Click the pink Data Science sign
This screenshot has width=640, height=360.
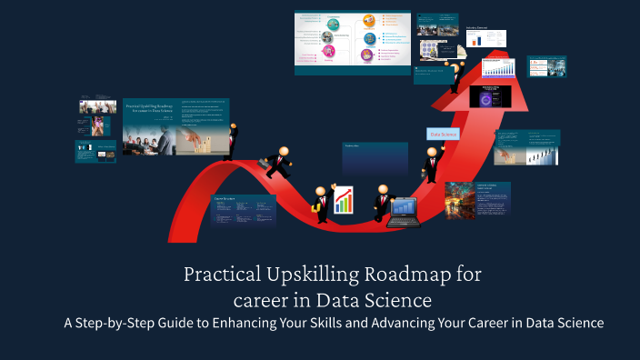click(x=443, y=134)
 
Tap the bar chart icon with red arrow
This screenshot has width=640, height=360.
click(x=344, y=200)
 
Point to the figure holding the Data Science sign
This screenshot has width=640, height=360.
click(x=431, y=163)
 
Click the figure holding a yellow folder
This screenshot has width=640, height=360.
click(x=320, y=205)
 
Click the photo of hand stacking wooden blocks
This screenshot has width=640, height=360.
click(x=195, y=135)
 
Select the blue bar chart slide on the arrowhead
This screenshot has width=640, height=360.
click(x=498, y=67)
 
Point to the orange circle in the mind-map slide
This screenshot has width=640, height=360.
click(x=369, y=20)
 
